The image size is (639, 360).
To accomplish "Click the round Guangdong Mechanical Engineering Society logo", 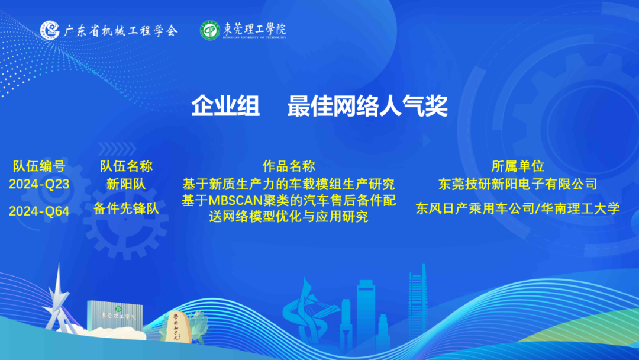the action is click(50, 30).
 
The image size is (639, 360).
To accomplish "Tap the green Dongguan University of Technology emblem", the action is click(210, 31).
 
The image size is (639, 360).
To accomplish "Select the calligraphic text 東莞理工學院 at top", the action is click(254, 29).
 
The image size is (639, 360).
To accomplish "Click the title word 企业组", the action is click(225, 105).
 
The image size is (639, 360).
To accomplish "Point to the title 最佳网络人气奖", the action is click(367, 105).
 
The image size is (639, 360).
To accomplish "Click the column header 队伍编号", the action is click(39, 166).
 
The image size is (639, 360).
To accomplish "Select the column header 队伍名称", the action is click(127, 166).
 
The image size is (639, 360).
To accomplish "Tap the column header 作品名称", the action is click(289, 166).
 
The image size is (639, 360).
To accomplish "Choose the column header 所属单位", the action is click(518, 166).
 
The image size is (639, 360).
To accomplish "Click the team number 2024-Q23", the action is click(39, 184).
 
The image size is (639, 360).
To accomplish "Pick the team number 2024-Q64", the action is click(39, 211).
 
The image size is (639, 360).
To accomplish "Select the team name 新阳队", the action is click(127, 184).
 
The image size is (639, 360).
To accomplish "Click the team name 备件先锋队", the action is click(127, 208).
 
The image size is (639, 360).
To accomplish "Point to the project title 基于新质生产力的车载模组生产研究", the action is click(289, 184).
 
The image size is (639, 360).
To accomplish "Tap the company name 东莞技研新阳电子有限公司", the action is click(518, 184).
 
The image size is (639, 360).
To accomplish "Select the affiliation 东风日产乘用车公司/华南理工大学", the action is click(518, 208).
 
